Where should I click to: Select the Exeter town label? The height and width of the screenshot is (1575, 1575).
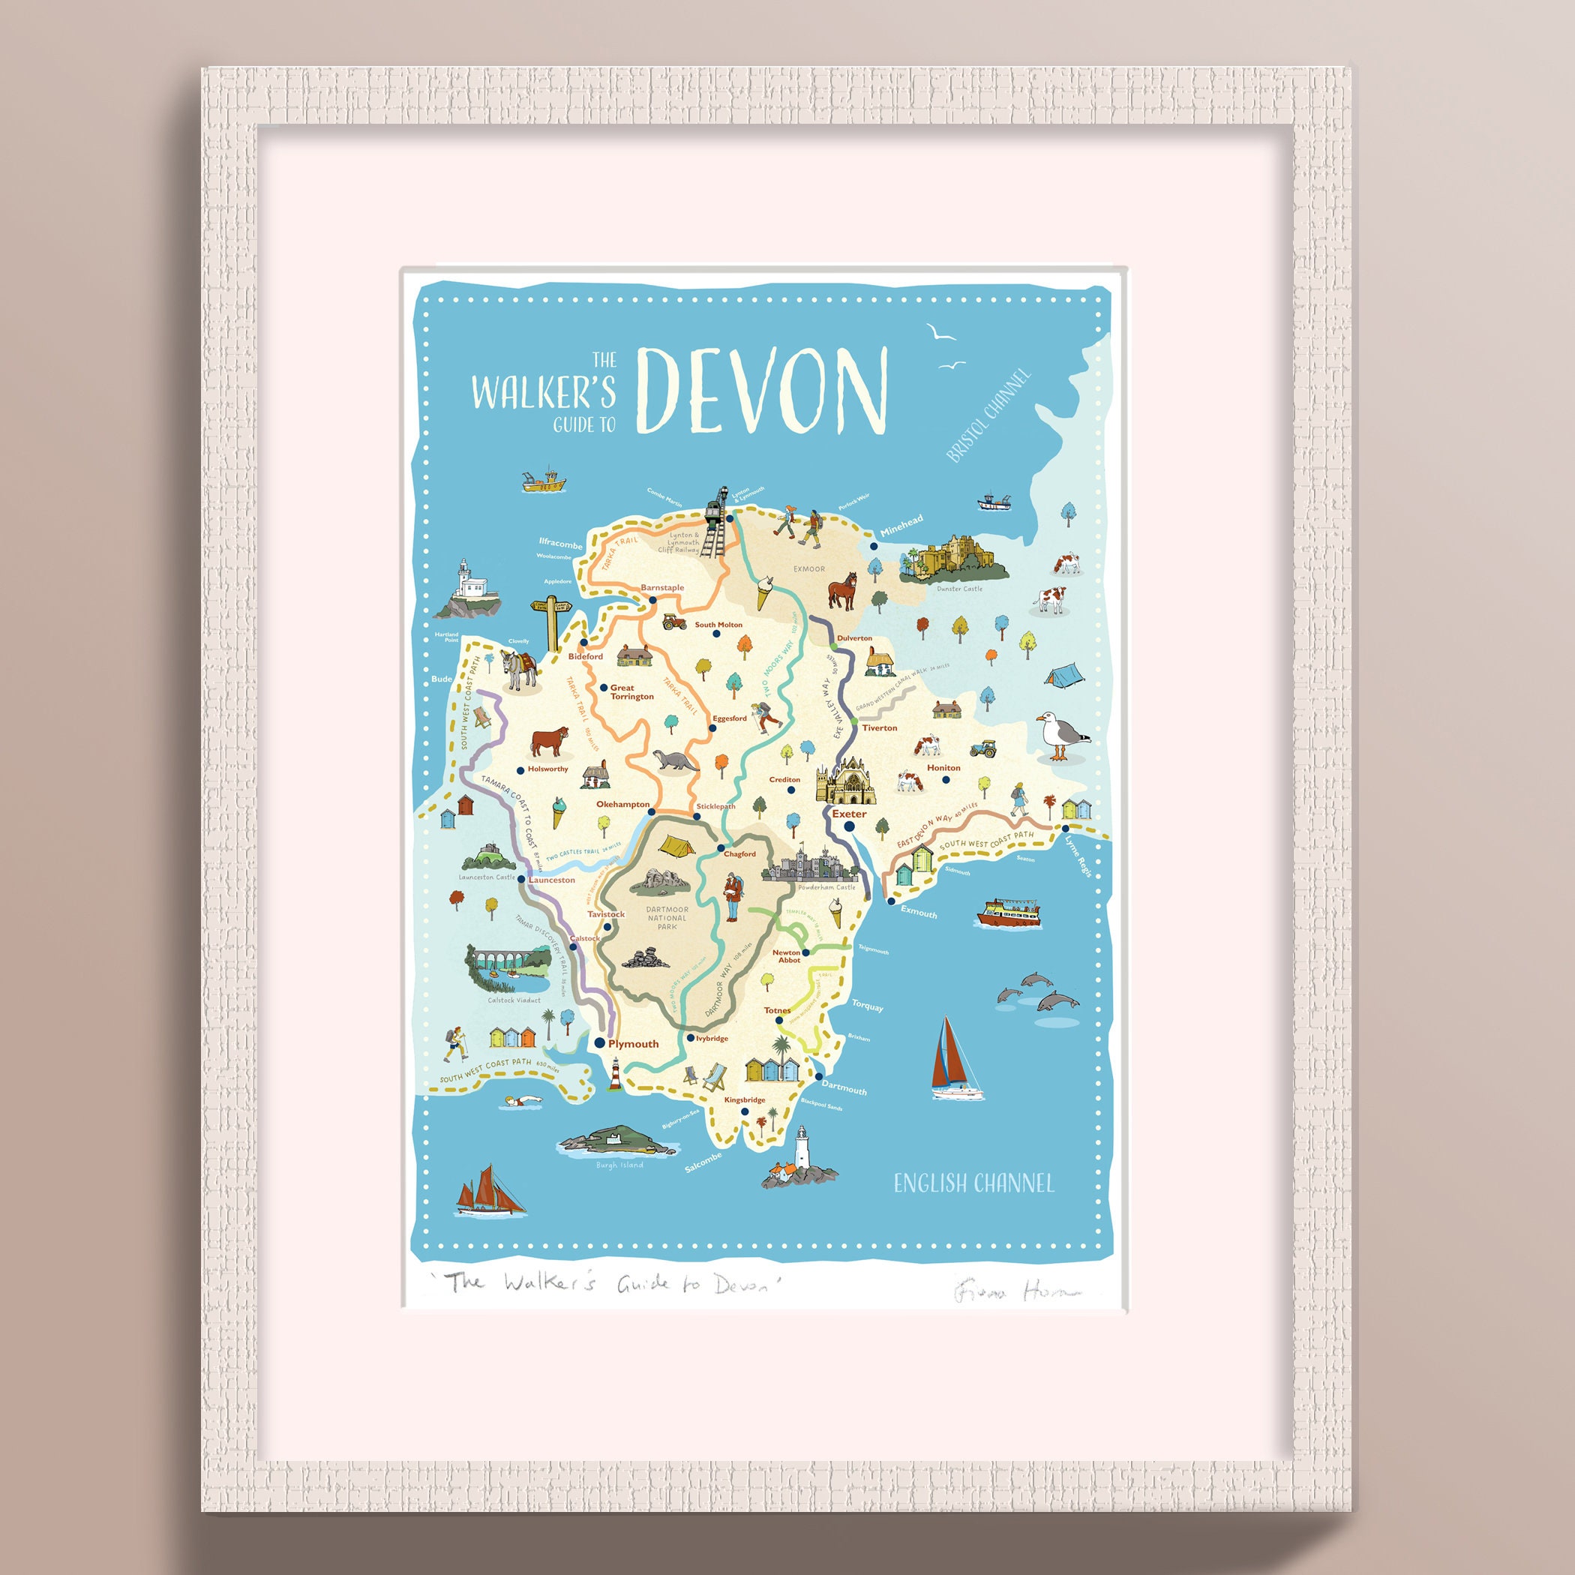click(x=849, y=814)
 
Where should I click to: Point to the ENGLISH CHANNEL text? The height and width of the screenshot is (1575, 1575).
click(x=973, y=1183)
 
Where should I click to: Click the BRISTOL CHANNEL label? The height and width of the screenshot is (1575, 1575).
click(x=988, y=415)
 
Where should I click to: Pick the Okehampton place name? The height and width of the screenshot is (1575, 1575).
click(x=622, y=804)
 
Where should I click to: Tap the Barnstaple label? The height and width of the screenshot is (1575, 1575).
click(x=662, y=588)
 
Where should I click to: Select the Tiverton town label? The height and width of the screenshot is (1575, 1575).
click(x=879, y=728)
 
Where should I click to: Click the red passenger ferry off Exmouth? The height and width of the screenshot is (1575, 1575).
click(x=1009, y=912)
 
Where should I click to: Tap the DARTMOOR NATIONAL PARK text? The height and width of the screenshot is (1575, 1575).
click(x=667, y=918)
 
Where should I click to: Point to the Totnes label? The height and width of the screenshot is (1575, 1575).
click(x=777, y=1011)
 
